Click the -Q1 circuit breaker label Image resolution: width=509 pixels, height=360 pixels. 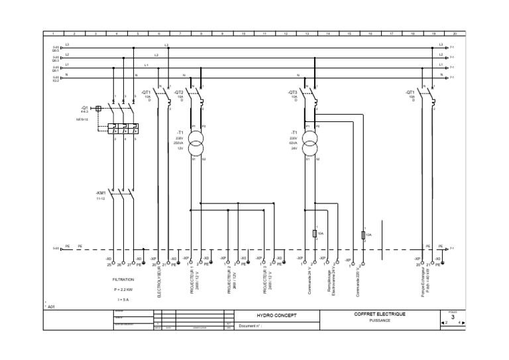tap(84, 107)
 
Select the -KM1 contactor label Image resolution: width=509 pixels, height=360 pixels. tap(101, 192)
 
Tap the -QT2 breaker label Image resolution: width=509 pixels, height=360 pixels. tap(178, 93)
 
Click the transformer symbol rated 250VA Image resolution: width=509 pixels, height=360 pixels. tap(196, 140)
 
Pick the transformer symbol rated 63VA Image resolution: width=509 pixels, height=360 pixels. tap(310, 140)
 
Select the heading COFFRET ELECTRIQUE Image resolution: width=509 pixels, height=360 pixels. tap(380, 314)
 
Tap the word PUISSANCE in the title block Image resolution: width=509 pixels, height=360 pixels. tap(380, 320)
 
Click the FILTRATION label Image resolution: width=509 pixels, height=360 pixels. tap(123, 280)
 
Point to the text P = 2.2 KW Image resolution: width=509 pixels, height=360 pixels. tap(124, 290)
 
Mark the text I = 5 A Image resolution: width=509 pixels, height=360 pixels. tap(124, 300)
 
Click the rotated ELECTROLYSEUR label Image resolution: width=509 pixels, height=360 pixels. tap(159, 282)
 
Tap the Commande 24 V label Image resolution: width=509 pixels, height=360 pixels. tap(310, 281)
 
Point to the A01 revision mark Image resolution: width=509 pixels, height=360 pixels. tap(50, 307)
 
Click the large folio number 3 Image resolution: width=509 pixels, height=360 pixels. tap(453, 317)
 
